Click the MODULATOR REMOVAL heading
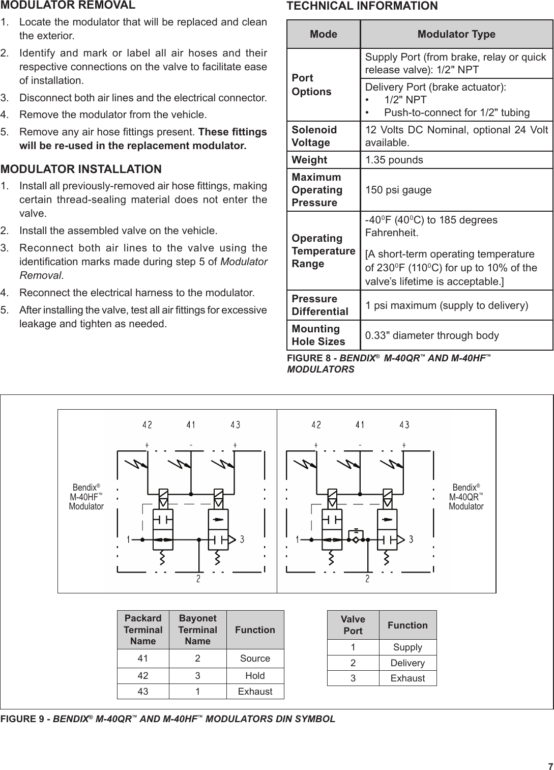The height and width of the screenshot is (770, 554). (x=68, y=6)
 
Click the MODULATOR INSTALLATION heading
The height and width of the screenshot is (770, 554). (x=81, y=169)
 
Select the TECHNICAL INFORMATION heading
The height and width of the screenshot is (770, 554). (x=362, y=6)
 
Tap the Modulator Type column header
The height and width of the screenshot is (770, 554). (x=456, y=34)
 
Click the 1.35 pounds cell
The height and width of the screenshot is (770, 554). (x=394, y=160)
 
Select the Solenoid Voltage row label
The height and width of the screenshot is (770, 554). (x=314, y=136)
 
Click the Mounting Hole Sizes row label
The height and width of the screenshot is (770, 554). (x=318, y=335)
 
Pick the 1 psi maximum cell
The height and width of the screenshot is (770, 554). (x=447, y=305)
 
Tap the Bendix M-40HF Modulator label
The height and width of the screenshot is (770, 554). (x=86, y=497)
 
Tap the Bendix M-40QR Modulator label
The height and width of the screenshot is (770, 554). (x=466, y=497)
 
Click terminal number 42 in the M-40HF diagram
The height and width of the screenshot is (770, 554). (x=147, y=424)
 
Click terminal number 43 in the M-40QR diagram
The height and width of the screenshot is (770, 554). (x=404, y=424)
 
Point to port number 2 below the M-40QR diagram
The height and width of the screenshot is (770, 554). (x=367, y=579)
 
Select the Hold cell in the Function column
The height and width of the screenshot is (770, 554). (x=255, y=676)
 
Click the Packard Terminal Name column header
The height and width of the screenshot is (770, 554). (x=143, y=630)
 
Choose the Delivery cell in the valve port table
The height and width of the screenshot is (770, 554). (x=407, y=663)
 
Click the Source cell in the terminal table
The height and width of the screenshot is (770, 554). (x=255, y=659)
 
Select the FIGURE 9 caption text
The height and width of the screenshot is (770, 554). (x=168, y=719)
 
